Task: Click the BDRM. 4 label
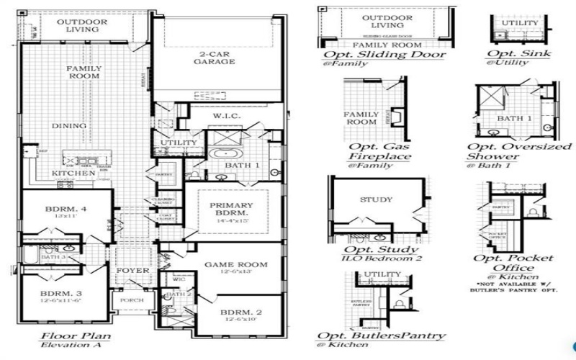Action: coord(66,210)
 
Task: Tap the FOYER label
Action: coord(132,271)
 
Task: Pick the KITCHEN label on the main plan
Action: coord(73,174)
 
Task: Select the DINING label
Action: coord(69,126)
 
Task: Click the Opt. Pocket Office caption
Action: coord(513,264)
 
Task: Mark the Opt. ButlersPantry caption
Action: coord(382,337)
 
